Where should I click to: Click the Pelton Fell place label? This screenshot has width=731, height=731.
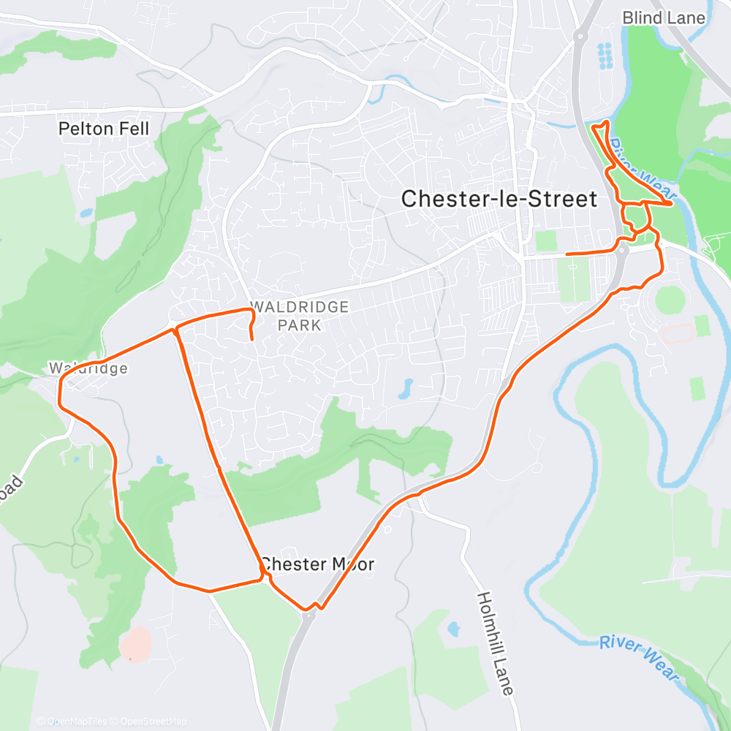point(103,129)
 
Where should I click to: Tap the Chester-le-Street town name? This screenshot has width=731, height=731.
point(499,198)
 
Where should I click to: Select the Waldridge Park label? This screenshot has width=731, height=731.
point(299,316)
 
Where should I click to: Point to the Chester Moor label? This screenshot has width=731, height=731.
point(318,564)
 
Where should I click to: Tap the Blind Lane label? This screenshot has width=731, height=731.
point(664,18)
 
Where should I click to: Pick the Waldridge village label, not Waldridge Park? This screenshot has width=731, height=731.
point(88,368)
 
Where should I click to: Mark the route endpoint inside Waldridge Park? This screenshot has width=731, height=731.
point(252,339)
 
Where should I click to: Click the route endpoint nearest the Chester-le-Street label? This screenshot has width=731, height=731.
point(567,254)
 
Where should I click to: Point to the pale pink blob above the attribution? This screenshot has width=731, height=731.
point(136,644)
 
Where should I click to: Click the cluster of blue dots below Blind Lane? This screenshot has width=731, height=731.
point(605,56)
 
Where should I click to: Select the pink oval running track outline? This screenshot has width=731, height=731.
point(679,334)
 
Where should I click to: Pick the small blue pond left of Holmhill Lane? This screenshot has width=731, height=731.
point(453,628)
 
